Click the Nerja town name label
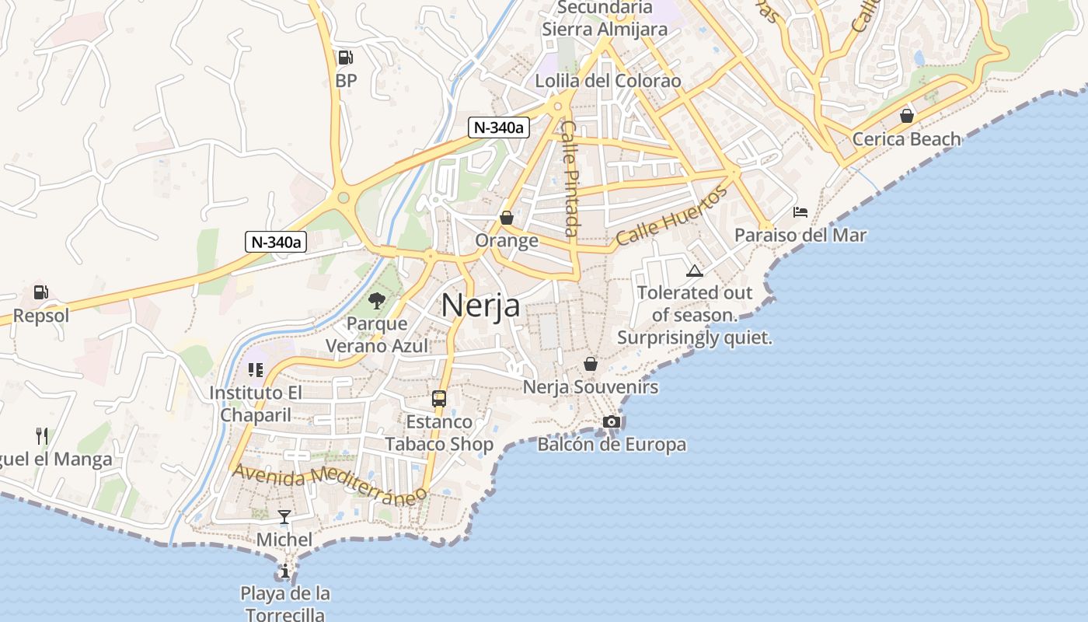point(480,306)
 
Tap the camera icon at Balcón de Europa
point(612,421)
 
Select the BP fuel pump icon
point(345,57)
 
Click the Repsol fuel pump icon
point(40,292)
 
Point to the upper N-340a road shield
point(498,128)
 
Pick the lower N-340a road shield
point(276,241)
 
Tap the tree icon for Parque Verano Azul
point(377,300)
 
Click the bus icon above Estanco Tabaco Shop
point(439,399)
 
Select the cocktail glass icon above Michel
point(284,516)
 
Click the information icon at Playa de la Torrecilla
point(284,571)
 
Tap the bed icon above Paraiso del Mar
point(800,211)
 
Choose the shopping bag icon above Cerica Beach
point(906,116)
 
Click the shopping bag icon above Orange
point(507,218)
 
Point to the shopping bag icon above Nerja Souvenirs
point(591,363)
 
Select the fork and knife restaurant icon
point(42,435)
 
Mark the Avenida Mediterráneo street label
point(330,484)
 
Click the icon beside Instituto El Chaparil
point(255,370)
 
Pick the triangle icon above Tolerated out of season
point(694,271)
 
